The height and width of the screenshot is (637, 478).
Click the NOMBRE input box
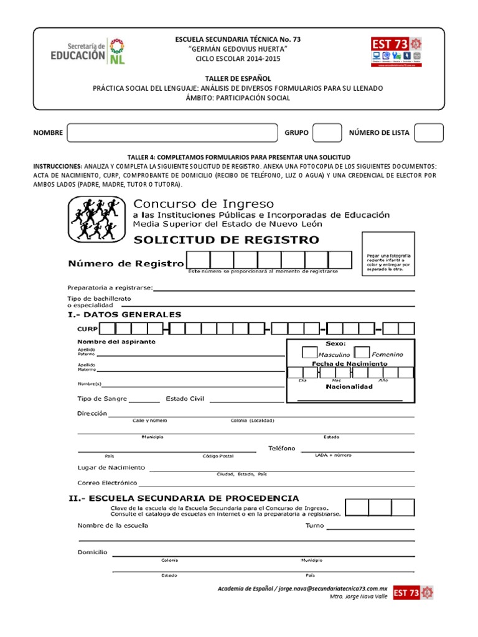tap(172, 133)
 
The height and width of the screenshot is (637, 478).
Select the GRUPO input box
tap(327, 133)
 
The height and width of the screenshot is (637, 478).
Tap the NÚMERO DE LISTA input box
tap(429, 133)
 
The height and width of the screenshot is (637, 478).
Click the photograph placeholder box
tap(388, 259)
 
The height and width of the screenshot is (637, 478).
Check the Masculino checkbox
tap(309, 353)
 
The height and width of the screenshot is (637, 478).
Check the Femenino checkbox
tap(362, 353)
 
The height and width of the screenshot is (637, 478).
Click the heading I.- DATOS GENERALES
tap(124, 315)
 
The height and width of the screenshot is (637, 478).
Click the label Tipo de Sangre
tap(102, 399)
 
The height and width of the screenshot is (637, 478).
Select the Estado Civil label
tap(185, 399)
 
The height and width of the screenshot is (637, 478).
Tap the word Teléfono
tap(282, 449)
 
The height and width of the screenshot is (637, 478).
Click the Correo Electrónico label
tap(107, 483)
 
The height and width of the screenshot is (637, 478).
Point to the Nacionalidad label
tap(349, 386)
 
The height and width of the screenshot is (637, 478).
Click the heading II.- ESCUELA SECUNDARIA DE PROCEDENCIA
tap(183, 498)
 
